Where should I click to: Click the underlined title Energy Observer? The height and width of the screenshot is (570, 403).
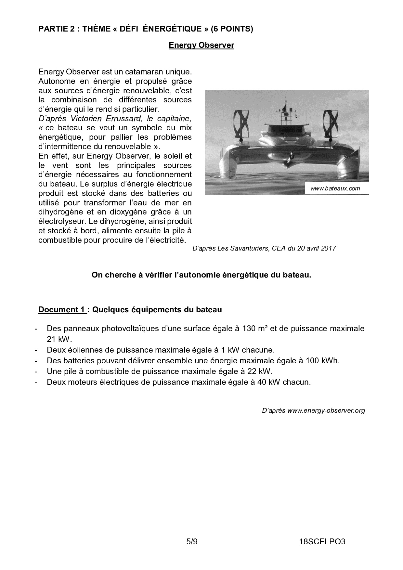coord(201,45)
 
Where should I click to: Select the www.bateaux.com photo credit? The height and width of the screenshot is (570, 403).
coord(335,188)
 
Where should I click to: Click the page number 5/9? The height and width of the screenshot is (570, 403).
coord(192,541)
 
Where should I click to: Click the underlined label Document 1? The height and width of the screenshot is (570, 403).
coord(62,309)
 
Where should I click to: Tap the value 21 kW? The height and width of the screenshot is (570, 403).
coord(58,339)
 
